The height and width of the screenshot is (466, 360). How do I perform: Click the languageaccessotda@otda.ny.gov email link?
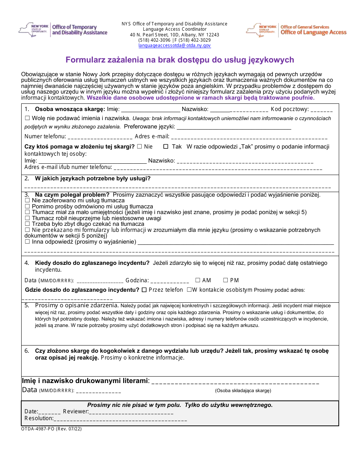[174, 45]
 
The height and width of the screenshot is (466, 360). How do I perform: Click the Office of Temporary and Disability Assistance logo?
[63, 30]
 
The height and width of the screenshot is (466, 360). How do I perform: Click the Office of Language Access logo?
[296, 30]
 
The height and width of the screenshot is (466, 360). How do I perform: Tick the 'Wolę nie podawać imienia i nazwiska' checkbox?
[27, 118]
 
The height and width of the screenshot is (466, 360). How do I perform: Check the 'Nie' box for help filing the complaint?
[139, 147]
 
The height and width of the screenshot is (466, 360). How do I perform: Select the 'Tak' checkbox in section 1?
[166, 147]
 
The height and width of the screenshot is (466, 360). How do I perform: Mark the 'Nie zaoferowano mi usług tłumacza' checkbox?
[27, 200]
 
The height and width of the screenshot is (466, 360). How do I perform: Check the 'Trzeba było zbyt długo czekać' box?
[27, 224]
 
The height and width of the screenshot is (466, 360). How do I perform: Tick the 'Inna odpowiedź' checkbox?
[27, 242]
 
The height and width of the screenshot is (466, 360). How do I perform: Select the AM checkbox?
[198, 280]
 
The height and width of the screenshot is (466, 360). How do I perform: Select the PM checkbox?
[225, 280]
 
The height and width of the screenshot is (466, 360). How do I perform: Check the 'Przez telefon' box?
[144, 290]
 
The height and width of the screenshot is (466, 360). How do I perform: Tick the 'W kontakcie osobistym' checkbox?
[189, 290]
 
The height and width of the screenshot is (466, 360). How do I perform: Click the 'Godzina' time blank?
[169, 281]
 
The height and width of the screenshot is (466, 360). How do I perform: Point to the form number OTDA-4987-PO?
[38, 429]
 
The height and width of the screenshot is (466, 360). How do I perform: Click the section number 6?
[27, 351]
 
